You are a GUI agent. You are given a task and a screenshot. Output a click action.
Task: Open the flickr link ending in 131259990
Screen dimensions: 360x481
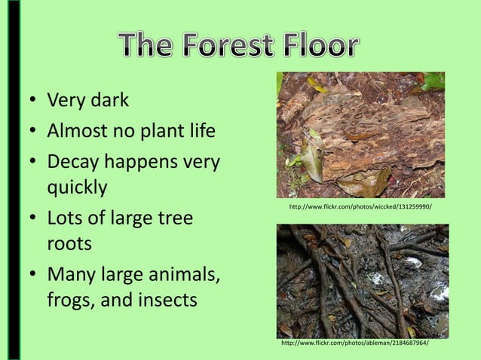(x=360, y=206)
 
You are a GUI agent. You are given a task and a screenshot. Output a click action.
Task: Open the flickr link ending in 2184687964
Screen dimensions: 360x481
(x=355, y=343)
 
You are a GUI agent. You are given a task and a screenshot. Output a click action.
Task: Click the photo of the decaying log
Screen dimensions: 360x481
(x=360, y=135)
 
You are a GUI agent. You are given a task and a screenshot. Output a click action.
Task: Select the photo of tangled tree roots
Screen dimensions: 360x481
(x=362, y=280)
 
